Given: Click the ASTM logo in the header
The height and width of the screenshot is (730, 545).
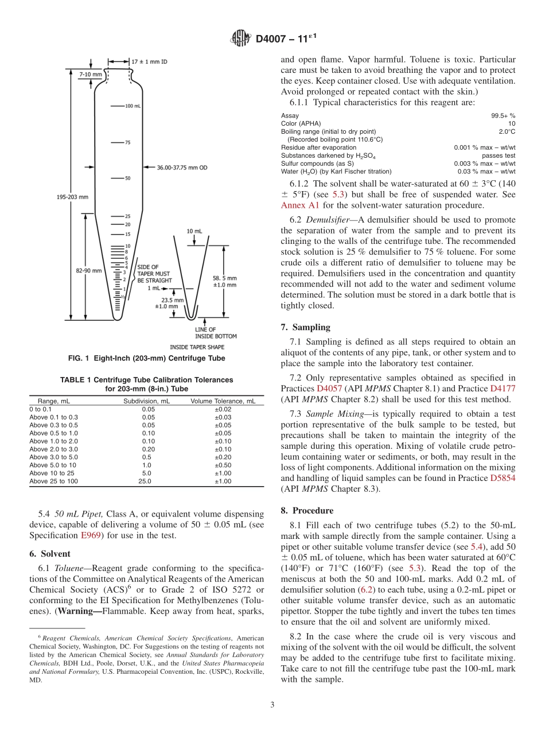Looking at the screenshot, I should click(x=240, y=38).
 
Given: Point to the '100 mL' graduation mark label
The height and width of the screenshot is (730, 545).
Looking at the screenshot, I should click(x=133, y=106).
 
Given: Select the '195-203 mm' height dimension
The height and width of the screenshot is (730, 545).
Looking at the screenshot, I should click(x=73, y=197).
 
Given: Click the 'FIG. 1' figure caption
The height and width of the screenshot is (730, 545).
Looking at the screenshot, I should click(x=146, y=359).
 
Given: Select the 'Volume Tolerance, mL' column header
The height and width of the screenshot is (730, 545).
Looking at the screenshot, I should click(x=223, y=401).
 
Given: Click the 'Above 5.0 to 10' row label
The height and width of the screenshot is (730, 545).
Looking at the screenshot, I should click(x=52, y=465).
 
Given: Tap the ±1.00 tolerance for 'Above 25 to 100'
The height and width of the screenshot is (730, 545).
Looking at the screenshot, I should click(x=223, y=481).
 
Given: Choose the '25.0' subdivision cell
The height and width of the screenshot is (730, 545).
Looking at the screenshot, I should click(x=145, y=481).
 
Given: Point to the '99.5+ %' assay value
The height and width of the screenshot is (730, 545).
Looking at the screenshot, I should click(x=503, y=115).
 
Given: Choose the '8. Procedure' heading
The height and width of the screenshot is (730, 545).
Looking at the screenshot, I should click(x=307, y=510).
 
